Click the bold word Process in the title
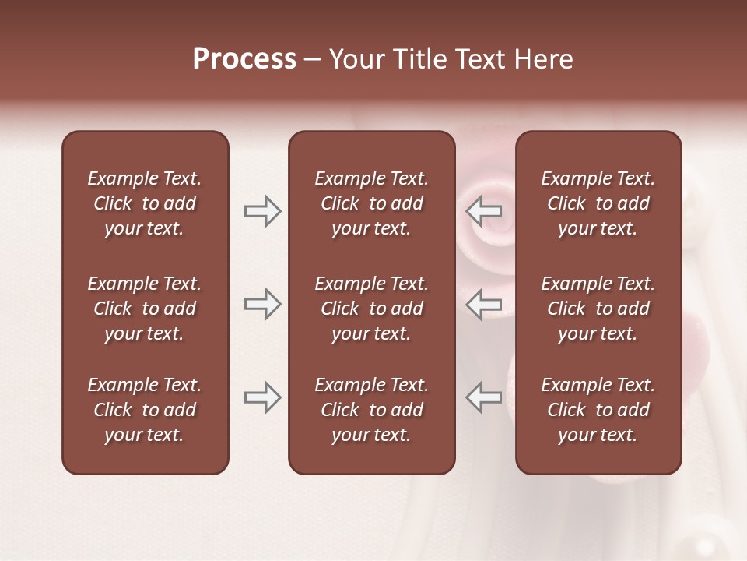pos(244,59)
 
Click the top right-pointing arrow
pos(262,211)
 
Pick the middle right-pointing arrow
pos(262,303)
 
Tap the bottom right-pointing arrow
pos(262,397)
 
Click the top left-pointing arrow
pos(484,211)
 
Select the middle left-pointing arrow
pos(484,303)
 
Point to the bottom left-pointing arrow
pos(484,397)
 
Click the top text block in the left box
pos(145,203)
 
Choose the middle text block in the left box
pos(145,309)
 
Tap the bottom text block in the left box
pos(145,410)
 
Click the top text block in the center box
pos(371,203)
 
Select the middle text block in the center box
pos(371,309)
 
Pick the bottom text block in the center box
pos(371,410)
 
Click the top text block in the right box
pos(598,203)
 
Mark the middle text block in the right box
pos(598,309)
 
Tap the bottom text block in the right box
pos(598,410)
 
